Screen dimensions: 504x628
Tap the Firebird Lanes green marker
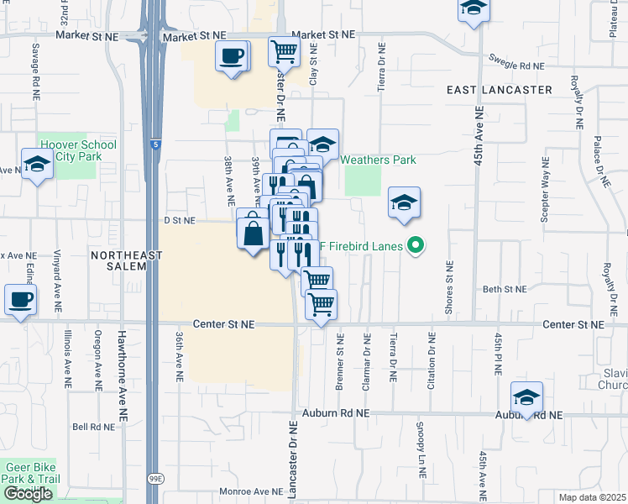click(414, 246)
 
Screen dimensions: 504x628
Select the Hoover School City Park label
click(78, 150)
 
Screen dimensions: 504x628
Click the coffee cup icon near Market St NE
click(232, 56)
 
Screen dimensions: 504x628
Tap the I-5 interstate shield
click(153, 143)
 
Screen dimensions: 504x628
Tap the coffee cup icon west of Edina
click(20, 299)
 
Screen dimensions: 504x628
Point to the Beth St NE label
click(504, 289)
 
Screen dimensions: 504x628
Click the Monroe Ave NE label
click(252, 491)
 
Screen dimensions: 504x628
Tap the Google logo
click(29, 493)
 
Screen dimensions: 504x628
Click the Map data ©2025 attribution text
click(592, 497)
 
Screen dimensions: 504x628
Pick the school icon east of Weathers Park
click(404, 202)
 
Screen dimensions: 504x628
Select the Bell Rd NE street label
click(92, 427)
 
